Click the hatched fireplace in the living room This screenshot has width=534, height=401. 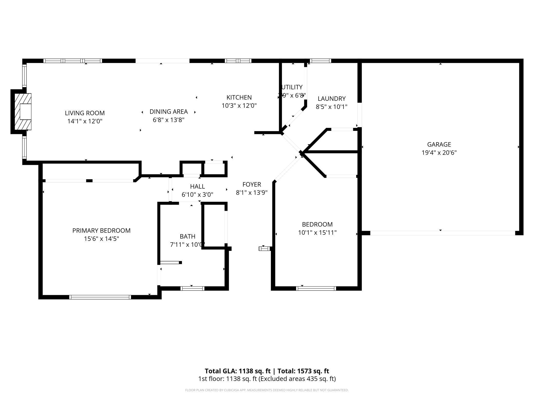[23, 112]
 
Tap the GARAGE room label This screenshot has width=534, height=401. [439, 144]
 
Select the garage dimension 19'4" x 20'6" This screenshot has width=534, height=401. [439, 153]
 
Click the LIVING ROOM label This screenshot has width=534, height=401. [85, 113]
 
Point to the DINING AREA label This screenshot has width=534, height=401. [169, 112]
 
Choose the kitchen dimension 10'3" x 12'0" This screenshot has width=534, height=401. [239, 106]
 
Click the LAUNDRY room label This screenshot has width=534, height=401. [331, 99]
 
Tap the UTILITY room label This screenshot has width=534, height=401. [292, 87]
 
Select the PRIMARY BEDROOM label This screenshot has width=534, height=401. [101, 231]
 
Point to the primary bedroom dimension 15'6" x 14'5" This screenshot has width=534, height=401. [101, 239]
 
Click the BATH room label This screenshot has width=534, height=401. [187, 236]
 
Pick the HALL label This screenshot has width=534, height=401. [197, 186]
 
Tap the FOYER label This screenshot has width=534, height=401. [252, 184]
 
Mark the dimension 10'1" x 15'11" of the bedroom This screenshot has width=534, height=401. [317, 233]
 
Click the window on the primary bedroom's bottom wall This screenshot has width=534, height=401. [100, 297]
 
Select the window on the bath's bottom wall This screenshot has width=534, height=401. [192, 288]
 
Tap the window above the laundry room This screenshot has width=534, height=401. [320, 61]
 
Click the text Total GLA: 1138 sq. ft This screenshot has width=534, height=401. [237, 371]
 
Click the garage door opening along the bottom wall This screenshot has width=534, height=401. [442, 233]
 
